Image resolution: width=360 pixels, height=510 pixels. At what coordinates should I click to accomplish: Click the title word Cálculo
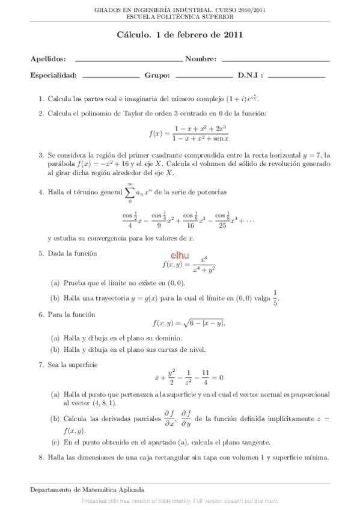click(134, 35)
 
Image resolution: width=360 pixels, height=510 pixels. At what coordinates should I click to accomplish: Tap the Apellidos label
click(47, 59)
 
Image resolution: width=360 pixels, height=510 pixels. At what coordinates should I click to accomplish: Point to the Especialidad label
click(53, 75)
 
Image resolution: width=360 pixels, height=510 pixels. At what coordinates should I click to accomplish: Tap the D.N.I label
click(251, 75)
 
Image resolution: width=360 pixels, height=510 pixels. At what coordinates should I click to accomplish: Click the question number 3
click(40, 155)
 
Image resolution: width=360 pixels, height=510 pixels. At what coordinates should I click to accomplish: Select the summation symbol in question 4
click(130, 192)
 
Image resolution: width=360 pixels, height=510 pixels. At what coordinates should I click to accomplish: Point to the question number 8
click(40, 458)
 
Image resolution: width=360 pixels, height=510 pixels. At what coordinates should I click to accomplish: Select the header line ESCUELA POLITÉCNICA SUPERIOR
click(180, 17)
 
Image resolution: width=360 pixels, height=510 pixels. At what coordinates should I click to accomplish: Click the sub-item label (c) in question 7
click(55, 443)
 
